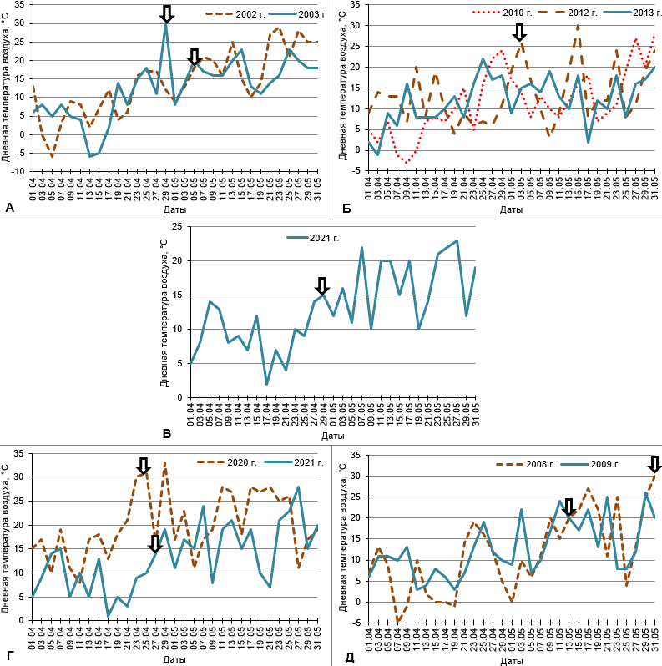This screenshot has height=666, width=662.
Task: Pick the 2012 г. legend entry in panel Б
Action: (x=567, y=13)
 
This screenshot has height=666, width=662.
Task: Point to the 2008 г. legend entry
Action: (x=528, y=462)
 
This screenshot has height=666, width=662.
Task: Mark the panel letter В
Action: (x=167, y=433)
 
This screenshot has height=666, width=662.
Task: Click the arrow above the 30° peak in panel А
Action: (x=166, y=13)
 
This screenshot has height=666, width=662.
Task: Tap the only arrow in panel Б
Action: (x=519, y=33)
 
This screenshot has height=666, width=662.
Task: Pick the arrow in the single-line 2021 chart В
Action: (x=322, y=286)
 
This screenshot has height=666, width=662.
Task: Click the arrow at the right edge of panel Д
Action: (x=654, y=464)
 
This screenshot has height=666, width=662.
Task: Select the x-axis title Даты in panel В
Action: (x=332, y=436)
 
